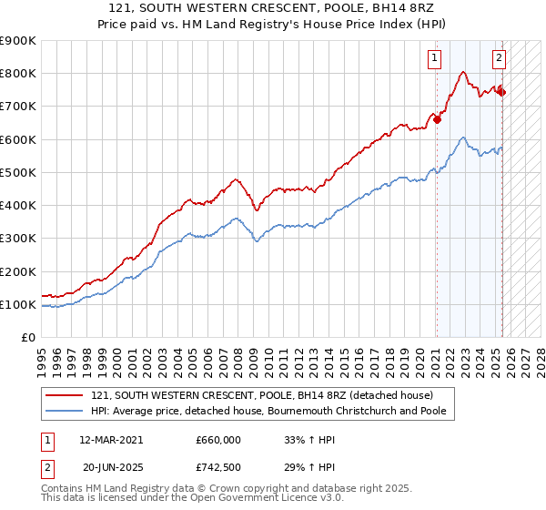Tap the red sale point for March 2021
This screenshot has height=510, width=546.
coord(437,118)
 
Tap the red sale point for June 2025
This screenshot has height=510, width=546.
coord(502,92)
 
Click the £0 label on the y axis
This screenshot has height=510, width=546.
coord(27,338)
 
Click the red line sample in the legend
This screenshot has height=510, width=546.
coord(64,395)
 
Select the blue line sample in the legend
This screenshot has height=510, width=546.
coord(64,412)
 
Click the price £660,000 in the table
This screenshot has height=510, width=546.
coord(218,440)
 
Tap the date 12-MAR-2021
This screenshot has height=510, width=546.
coord(111,440)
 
